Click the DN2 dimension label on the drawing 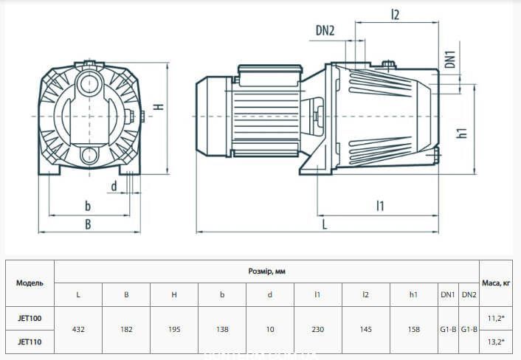[325, 31]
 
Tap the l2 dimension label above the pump [395, 14]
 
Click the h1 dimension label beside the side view [463, 133]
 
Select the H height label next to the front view [160, 106]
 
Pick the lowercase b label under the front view [88, 206]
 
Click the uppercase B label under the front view [88, 224]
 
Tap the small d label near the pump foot [114, 187]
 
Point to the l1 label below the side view [380, 206]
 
